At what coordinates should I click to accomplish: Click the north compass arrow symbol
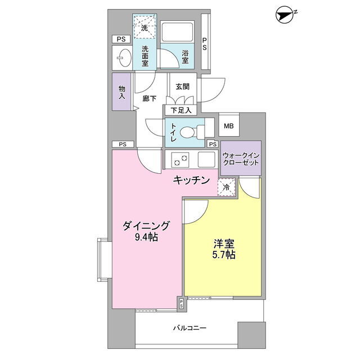(x=285, y=16)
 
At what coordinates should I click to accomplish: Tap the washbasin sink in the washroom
(x=125, y=58)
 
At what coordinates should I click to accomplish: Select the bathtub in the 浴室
(x=177, y=31)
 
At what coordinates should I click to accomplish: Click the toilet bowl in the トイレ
(x=187, y=133)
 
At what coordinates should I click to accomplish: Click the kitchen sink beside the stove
(x=206, y=159)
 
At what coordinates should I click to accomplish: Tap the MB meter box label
(x=229, y=126)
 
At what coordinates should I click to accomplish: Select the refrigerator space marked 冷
(x=227, y=187)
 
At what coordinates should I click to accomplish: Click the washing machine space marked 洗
(x=145, y=26)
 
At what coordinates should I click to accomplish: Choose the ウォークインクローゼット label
(x=241, y=159)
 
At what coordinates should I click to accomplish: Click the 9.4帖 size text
(x=146, y=237)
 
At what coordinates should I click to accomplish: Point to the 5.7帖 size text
(x=224, y=255)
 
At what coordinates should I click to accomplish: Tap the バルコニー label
(x=190, y=328)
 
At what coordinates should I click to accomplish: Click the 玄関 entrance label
(x=183, y=87)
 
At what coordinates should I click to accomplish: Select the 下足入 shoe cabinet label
(x=181, y=110)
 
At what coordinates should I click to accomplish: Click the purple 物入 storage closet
(x=121, y=92)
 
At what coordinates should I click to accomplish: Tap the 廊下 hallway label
(x=150, y=98)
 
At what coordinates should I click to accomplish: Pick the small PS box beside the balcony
(x=181, y=304)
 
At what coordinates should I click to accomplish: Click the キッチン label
(x=191, y=180)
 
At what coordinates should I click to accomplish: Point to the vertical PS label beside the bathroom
(x=204, y=44)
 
